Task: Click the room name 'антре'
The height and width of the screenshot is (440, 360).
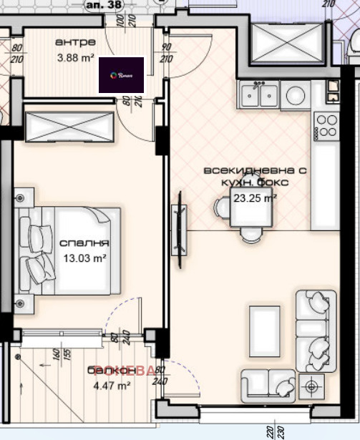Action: click(72, 42)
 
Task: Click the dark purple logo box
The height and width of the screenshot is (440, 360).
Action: click(121, 75)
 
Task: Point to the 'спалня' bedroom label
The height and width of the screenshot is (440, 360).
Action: click(85, 243)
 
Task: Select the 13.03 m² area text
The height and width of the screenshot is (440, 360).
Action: click(85, 258)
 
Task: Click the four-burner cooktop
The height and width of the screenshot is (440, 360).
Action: click(326, 125)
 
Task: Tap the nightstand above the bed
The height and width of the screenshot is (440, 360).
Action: click(24, 196)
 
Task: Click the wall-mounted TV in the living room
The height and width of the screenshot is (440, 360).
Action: click(178, 230)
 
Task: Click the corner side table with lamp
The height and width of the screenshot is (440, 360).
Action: click(313, 387)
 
